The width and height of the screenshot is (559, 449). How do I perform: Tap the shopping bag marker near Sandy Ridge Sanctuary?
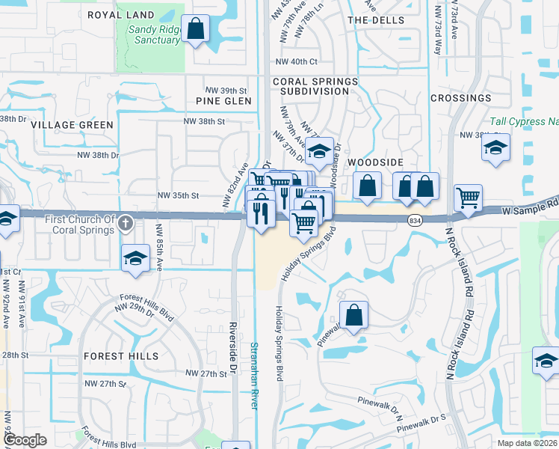(x=196, y=30)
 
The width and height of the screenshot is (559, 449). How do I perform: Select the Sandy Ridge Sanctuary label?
(x=154, y=34)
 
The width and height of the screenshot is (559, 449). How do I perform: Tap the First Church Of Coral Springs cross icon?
(x=126, y=222)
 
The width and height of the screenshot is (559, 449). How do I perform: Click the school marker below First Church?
(x=135, y=258)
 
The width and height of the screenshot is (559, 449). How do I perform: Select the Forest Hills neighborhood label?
(x=121, y=356)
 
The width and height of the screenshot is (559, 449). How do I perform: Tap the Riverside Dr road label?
(x=233, y=348)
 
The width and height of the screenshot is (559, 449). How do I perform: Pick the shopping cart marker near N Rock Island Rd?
(x=468, y=198)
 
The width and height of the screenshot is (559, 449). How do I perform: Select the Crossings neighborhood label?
(x=460, y=98)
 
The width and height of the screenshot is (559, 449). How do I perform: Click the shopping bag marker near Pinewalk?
(x=354, y=314)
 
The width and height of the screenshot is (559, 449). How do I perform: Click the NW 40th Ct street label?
(x=297, y=62)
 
